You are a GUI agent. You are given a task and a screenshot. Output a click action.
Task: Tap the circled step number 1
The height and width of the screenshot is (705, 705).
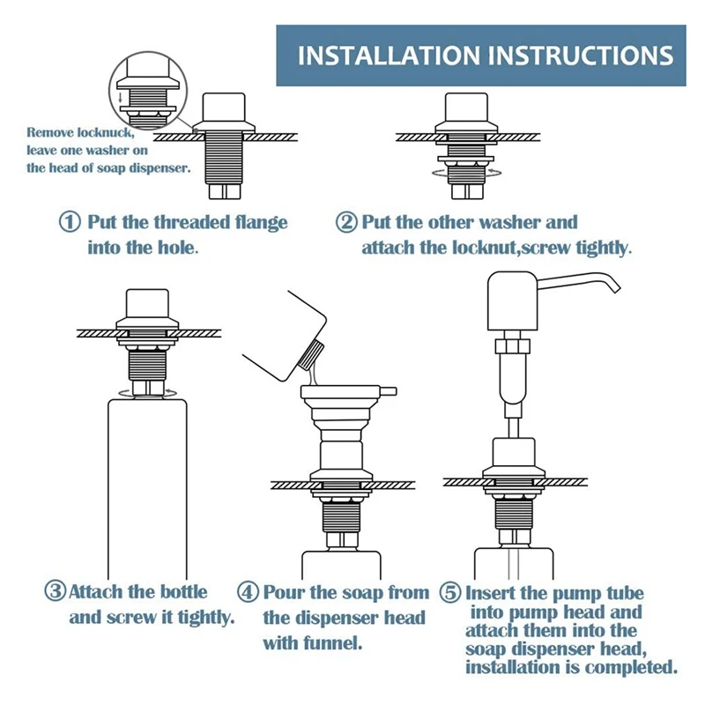70,222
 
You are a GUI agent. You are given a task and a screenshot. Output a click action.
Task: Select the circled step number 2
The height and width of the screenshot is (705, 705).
346,222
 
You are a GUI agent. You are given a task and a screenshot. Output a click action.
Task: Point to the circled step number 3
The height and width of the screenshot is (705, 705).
55,591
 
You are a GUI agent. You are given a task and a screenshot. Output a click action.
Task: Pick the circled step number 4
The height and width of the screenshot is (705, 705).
249,592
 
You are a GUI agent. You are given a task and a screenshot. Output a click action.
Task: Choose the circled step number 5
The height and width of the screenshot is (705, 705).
450,593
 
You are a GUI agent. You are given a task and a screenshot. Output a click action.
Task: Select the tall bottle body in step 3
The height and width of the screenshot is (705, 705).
147,485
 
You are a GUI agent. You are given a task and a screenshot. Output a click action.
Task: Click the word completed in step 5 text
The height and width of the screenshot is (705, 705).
633,667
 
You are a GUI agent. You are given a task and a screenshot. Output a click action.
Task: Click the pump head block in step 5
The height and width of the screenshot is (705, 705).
510,303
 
